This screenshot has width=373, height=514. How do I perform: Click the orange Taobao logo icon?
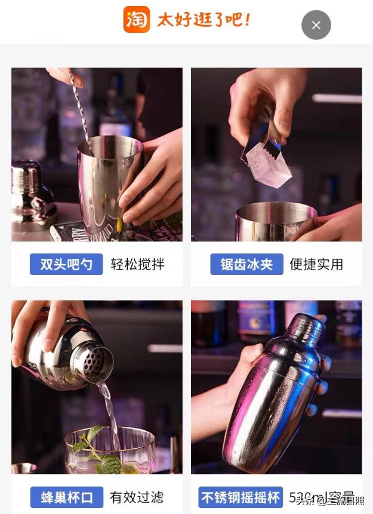point(136,20)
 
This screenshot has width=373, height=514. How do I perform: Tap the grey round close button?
point(316,25)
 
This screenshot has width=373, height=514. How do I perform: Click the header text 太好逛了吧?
point(203,20)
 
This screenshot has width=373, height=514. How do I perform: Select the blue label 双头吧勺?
point(66,264)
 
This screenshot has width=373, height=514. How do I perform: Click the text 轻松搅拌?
point(137,264)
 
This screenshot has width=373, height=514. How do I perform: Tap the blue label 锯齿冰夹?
point(246,264)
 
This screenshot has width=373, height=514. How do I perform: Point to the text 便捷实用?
point(316,264)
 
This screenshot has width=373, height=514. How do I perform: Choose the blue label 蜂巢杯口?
point(66,497)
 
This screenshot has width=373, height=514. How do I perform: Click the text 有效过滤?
point(137,497)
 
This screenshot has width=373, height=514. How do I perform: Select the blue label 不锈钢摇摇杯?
point(241,497)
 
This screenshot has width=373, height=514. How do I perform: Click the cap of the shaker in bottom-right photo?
point(305,329)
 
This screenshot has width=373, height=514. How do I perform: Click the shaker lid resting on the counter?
point(32,191)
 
